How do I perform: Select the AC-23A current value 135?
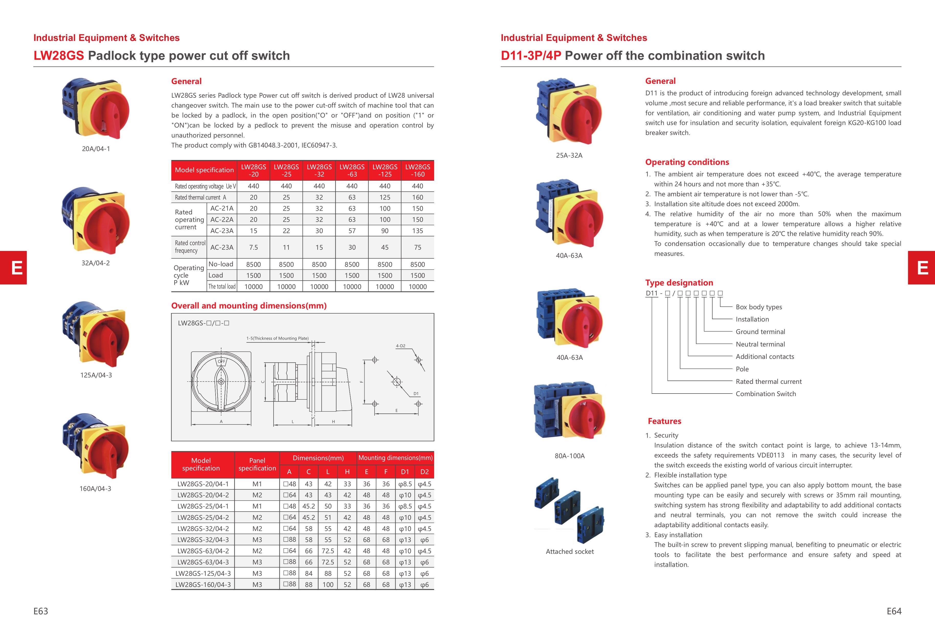(417, 231)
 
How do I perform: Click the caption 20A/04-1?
(96, 149)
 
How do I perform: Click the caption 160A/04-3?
(95, 489)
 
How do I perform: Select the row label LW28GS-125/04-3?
(203, 573)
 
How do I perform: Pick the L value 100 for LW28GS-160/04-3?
(328, 584)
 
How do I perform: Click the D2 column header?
(424, 472)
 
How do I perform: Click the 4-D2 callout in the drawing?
(400, 346)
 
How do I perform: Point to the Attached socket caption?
(570, 551)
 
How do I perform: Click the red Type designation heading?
(679, 283)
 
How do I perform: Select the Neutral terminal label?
(760, 344)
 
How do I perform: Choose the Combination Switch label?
(766, 394)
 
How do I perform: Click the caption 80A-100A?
(570, 456)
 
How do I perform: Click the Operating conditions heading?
(687, 162)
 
